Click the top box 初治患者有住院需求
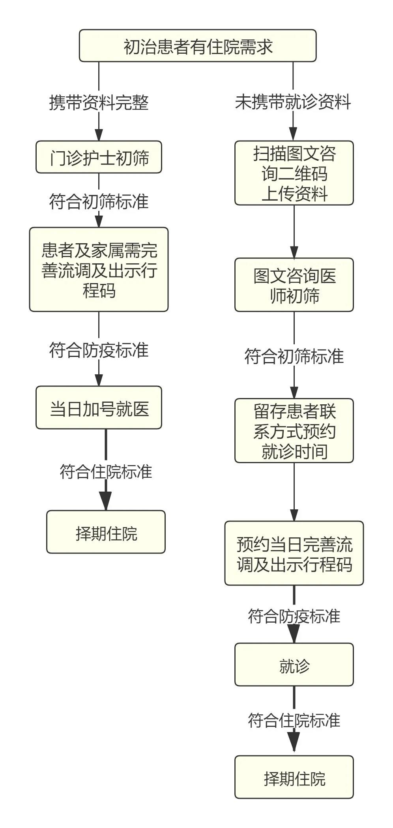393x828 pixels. point(198,46)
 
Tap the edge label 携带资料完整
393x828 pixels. point(99,103)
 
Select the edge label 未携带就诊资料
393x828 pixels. point(293,102)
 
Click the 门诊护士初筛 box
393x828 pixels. point(99,157)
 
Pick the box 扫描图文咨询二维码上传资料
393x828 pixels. point(294,173)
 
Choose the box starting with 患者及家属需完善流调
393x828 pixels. point(99,270)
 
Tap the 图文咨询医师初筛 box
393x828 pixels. point(294,285)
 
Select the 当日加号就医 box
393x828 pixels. point(99,408)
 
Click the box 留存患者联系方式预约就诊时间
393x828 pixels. point(294,431)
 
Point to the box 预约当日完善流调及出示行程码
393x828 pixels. point(294,554)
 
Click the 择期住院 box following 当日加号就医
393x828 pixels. point(106,532)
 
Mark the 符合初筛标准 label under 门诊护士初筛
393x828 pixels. point(99,201)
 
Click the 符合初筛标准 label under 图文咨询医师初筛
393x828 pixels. point(294,356)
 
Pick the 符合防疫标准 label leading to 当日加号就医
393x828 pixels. point(99,350)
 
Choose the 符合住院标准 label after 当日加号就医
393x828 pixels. point(106,471)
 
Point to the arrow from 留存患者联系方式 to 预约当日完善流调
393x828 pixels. point(294,492)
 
